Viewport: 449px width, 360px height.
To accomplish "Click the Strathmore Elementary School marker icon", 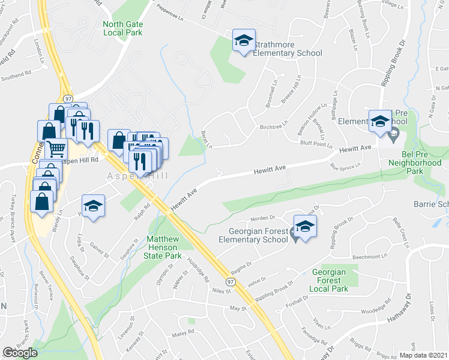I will click(x=244, y=41).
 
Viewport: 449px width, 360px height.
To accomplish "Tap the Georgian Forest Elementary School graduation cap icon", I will click(x=305, y=227).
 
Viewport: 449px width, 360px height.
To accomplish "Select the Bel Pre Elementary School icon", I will click(x=379, y=121).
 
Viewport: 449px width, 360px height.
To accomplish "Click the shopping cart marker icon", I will click(x=56, y=148).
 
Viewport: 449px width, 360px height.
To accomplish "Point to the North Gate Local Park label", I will click(x=123, y=28).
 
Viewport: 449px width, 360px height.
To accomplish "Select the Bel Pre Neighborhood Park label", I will click(x=415, y=162).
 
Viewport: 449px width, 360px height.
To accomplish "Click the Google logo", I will click(x=20, y=353).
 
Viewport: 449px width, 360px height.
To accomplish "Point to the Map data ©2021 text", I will click(x=423, y=355).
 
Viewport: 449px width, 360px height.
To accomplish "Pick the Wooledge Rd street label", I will click(x=375, y=311).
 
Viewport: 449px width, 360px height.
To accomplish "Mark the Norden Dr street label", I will click(x=263, y=219).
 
